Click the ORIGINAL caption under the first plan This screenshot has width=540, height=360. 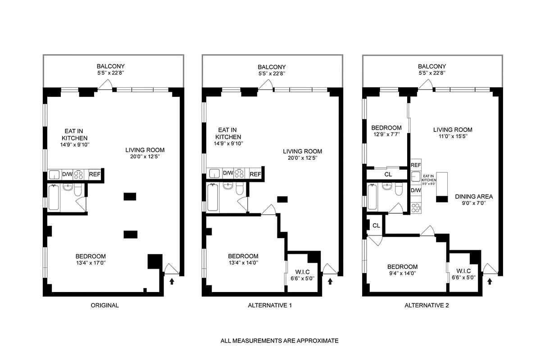point(104,306)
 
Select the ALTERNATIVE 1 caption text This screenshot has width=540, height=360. point(270,306)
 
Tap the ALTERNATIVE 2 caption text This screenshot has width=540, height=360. point(426,306)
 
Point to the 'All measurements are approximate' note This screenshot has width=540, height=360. point(279,341)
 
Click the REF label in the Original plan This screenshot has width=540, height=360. point(94,175)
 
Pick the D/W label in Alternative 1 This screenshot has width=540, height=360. point(227,174)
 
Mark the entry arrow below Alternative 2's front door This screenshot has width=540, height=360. point(490,281)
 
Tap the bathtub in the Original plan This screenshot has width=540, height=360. point(54,198)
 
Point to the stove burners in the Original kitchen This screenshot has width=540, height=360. point(79,175)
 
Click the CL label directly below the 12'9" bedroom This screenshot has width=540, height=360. point(388,174)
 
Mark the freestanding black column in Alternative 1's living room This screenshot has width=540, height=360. point(283,199)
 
